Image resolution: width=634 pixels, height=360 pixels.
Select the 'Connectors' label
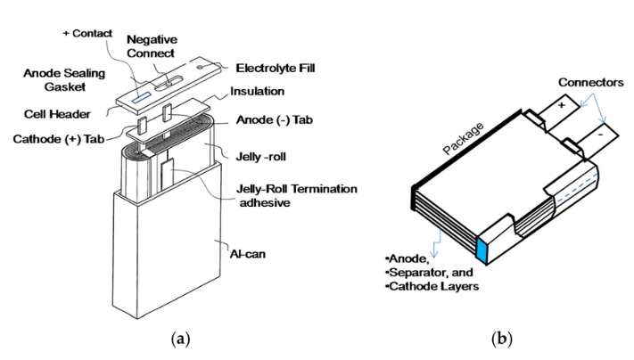pyautogui.click(x=590, y=82)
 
